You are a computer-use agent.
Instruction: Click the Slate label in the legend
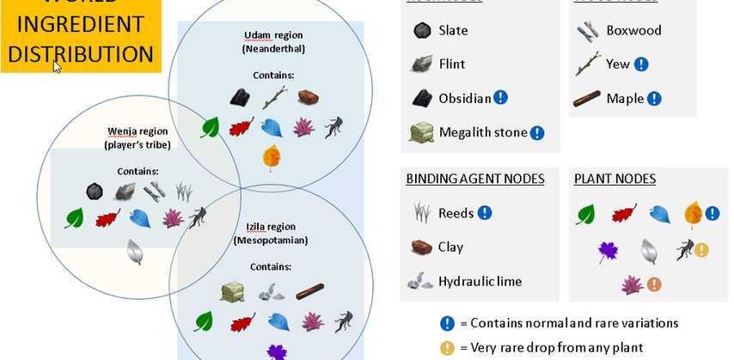pyautogui.click(x=453, y=30)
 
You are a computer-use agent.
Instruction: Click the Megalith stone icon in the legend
pyautogui.click(x=421, y=132)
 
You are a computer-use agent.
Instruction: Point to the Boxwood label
pyautogui.click(x=633, y=30)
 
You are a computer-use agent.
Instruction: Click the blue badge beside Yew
pyautogui.click(x=641, y=64)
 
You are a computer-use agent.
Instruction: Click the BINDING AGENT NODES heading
pyautogui.click(x=475, y=179)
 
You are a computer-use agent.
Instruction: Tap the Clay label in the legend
pyautogui.click(x=450, y=247)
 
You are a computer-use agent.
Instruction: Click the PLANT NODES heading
pyautogui.click(x=615, y=179)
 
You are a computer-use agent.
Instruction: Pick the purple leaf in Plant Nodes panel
pyautogui.click(x=609, y=251)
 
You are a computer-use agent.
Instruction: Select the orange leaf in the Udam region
pyautogui.click(x=272, y=158)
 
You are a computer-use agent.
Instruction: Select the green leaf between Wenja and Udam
pyautogui.click(x=210, y=128)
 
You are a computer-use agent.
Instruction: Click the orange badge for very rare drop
pyautogui.click(x=447, y=348)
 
